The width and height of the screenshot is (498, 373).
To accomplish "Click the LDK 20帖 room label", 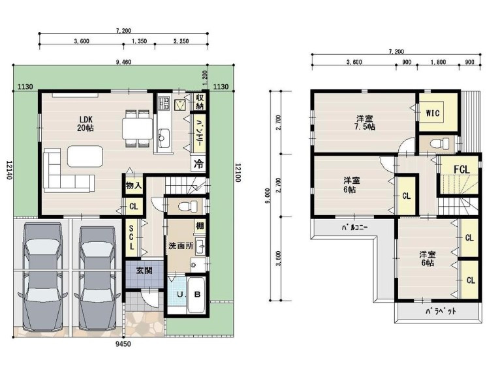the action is tap(86, 124).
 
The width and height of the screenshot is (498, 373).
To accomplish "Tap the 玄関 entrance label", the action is tap(144, 271).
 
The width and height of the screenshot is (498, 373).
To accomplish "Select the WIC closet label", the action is tap(433, 113).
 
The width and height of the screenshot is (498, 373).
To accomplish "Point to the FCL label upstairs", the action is tap(461, 170).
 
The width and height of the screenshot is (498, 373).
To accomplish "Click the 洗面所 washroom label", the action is tap(181, 246).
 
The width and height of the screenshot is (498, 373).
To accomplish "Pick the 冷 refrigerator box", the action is tap(198, 164).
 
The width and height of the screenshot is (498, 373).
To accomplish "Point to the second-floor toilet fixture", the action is tap(441, 143).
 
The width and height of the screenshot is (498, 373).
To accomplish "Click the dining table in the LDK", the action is tap(137, 128).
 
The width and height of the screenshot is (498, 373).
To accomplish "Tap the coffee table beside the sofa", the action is tap(85, 157).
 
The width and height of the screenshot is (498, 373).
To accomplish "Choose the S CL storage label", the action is tap(131, 237).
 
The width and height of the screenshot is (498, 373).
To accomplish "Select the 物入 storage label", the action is tap(133, 185).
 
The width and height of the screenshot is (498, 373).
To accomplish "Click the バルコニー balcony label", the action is tap(354, 228).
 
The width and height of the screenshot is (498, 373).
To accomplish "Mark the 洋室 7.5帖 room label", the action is tap(365, 123).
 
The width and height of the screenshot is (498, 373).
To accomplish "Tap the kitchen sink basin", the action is tap(164, 138).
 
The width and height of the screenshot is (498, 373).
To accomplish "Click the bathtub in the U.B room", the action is tap(196, 295).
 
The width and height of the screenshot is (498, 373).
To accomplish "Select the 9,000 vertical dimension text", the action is tap(268, 196).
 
